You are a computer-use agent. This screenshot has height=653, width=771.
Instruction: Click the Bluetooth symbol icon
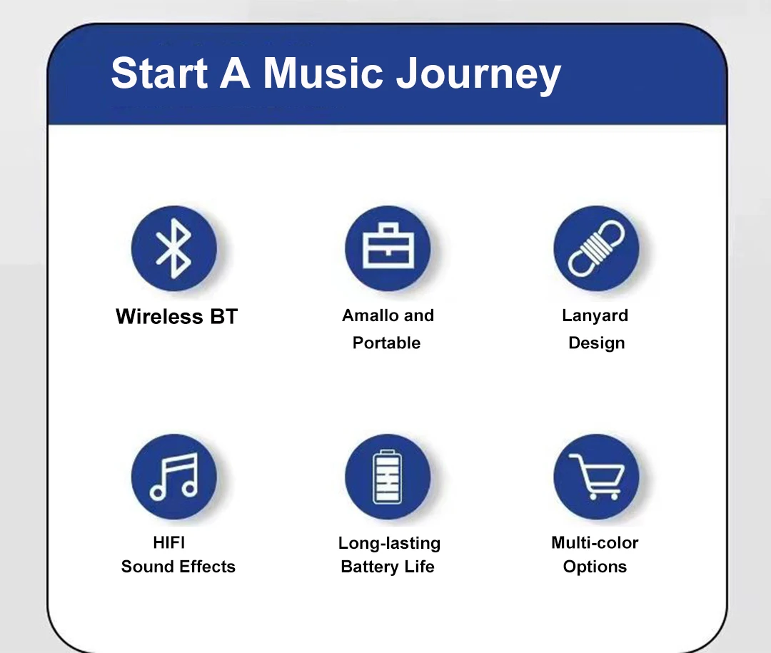coord(173,248)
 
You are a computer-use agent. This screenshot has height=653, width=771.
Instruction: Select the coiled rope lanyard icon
coord(596,248)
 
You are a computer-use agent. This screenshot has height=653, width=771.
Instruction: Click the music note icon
coord(173,477)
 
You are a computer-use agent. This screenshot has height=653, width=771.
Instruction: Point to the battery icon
coord(388,477)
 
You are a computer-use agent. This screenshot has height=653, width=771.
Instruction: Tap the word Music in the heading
coord(323,74)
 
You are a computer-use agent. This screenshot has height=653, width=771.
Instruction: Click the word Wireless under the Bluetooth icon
coord(159,316)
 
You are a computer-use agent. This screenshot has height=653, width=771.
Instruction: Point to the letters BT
coord(224,316)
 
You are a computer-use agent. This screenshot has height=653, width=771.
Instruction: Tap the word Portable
coord(386,343)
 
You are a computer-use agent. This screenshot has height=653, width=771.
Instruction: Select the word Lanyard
coord(595,315)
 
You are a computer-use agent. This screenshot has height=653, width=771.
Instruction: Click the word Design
coord(596,343)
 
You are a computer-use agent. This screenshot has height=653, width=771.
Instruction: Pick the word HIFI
coord(169,542)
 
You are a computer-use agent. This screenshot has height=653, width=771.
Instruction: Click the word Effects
coord(208,567)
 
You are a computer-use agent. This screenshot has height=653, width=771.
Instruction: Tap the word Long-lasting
coord(390,543)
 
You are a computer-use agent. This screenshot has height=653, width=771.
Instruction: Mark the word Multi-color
coord(595,542)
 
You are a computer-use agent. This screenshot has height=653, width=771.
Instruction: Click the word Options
coord(595,567)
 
